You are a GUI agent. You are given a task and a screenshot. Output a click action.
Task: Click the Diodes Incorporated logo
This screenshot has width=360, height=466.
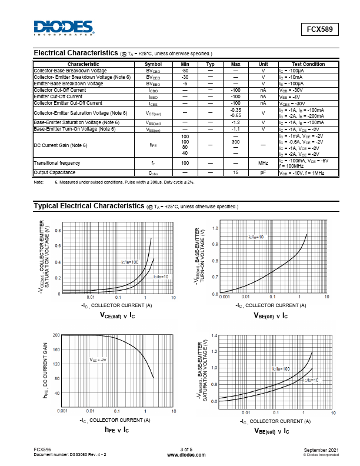(x=64, y=28)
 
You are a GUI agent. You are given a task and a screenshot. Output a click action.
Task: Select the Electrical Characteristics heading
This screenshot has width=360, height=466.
(x=76, y=53)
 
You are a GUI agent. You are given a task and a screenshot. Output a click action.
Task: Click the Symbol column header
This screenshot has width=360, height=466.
(x=153, y=64)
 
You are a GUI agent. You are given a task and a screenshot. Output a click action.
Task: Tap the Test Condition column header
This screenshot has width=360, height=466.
(x=308, y=64)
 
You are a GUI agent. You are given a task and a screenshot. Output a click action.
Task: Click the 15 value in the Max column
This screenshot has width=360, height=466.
(x=235, y=172)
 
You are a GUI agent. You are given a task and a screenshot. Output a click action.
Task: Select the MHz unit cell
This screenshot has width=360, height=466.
(x=263, y=163)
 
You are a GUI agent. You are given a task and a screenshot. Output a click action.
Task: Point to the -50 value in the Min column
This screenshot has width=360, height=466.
(x=185, y=71)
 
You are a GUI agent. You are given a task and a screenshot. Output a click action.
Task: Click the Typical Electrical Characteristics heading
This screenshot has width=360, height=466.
(x=89, y=207)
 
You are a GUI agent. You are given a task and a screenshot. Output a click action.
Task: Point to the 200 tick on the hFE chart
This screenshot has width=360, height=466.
(x=56, y=335)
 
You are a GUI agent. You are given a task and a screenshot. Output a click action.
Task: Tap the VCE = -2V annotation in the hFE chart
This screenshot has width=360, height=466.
(x=98, y=360)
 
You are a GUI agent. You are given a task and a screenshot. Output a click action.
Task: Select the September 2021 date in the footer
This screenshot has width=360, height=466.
(x=322, y=450)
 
